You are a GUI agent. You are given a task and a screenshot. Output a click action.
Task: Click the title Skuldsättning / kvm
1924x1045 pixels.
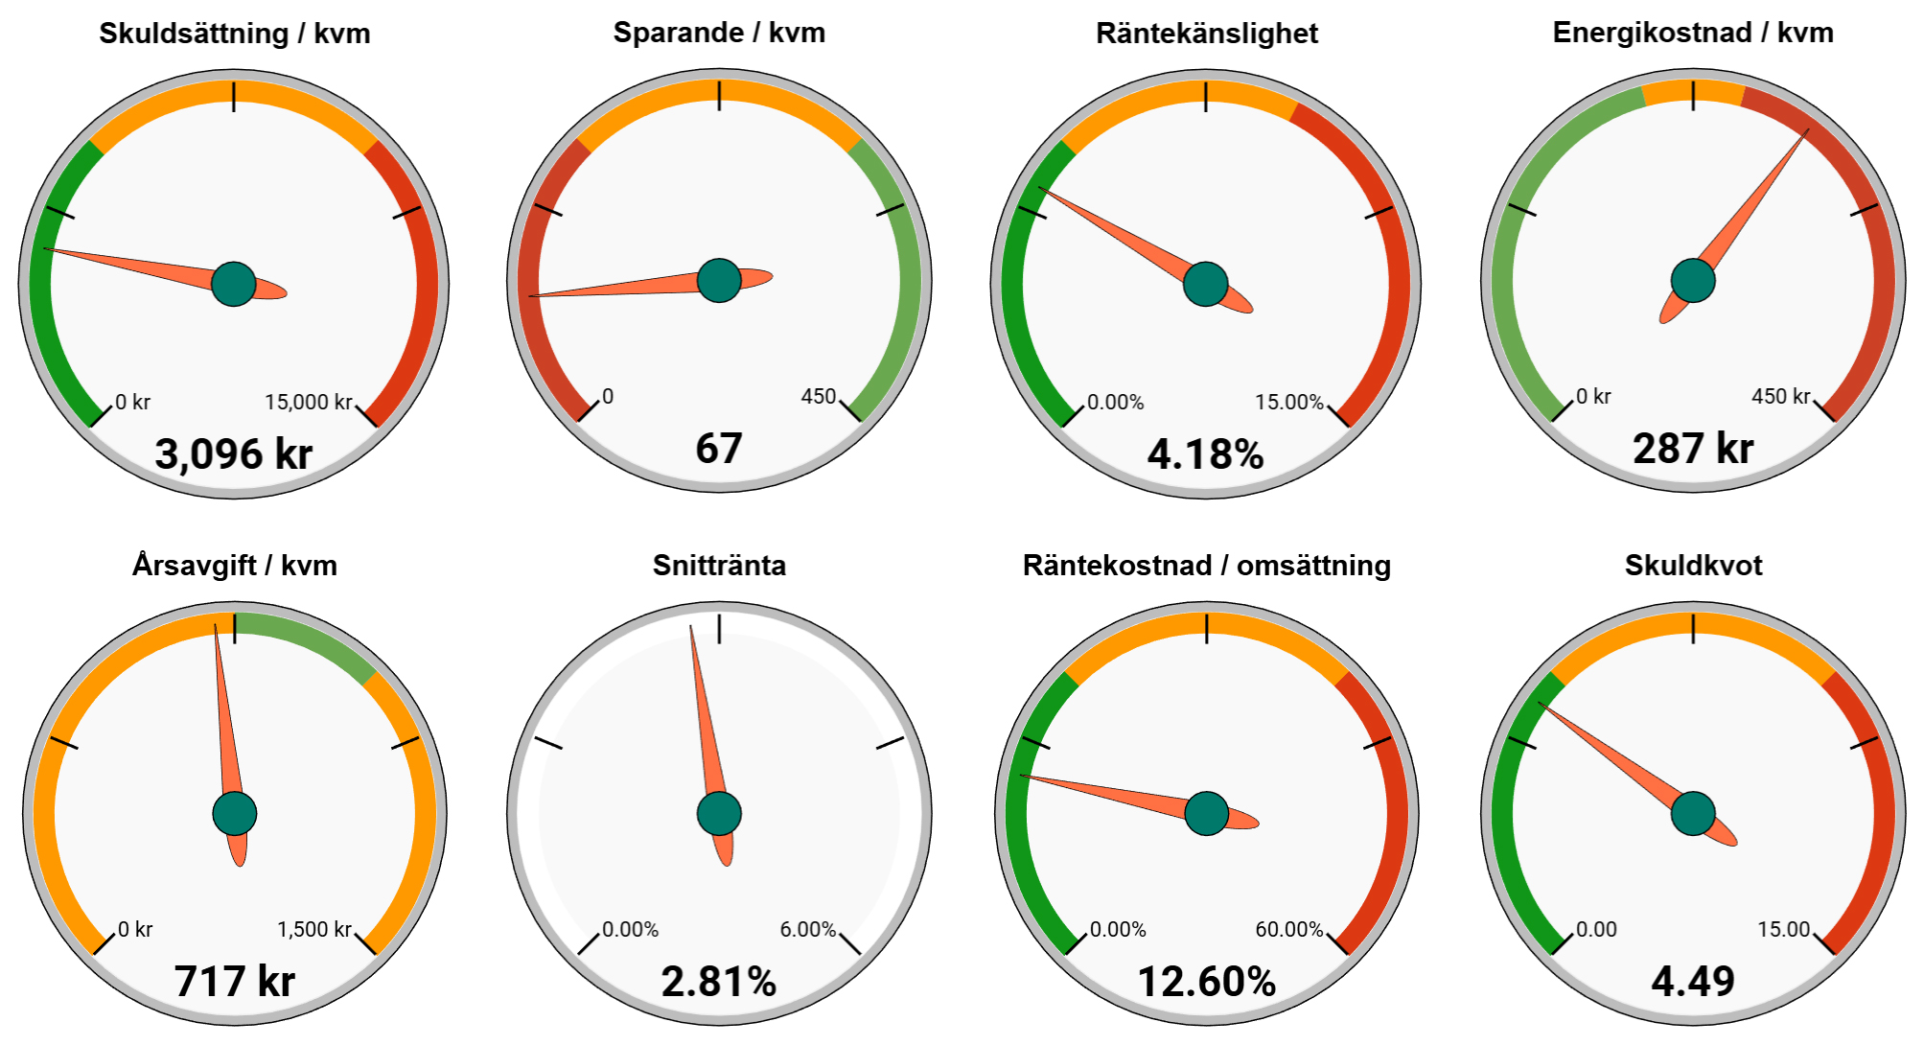pos(234,34)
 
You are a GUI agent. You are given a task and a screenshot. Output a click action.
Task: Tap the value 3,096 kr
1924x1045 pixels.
pos(234,453)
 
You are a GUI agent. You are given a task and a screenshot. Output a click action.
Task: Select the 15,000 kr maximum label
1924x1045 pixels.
pos(309,402)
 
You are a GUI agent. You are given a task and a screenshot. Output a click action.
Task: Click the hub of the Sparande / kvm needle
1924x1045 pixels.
pos(719,280)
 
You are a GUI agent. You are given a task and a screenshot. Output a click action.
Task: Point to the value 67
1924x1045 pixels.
pos(719,448)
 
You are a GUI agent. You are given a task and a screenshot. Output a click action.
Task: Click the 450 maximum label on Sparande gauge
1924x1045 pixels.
pos(819,396)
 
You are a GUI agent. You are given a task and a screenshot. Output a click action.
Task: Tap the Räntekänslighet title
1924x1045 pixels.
pos(1206,34)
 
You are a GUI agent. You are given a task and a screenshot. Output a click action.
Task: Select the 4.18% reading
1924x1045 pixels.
pos(1206,453)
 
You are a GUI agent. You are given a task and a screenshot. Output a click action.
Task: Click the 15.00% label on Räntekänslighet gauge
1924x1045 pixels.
pos(1289,402)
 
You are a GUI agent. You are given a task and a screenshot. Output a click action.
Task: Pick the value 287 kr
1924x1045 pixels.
pos(1693,448)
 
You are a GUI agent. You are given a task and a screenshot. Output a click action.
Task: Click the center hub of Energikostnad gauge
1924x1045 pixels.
pos(1693,280)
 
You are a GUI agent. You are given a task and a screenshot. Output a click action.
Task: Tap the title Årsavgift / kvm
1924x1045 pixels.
pos(234,565)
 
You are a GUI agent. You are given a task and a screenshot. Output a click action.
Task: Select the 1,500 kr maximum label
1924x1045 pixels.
pos(314,929)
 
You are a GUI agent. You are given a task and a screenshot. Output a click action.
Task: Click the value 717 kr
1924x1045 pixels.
pos(234,981)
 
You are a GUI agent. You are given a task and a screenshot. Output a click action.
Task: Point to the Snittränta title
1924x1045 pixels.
pos(719,565)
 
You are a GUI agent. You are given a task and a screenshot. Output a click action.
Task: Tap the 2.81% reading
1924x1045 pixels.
pos(719,981)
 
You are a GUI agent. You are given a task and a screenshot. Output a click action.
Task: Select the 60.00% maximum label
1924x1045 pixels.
pos(1289,929)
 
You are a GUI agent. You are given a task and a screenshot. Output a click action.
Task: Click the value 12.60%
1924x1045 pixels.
pos(1206,981)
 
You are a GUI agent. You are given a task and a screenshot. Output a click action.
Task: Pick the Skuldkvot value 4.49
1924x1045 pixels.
pos(1693,981)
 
